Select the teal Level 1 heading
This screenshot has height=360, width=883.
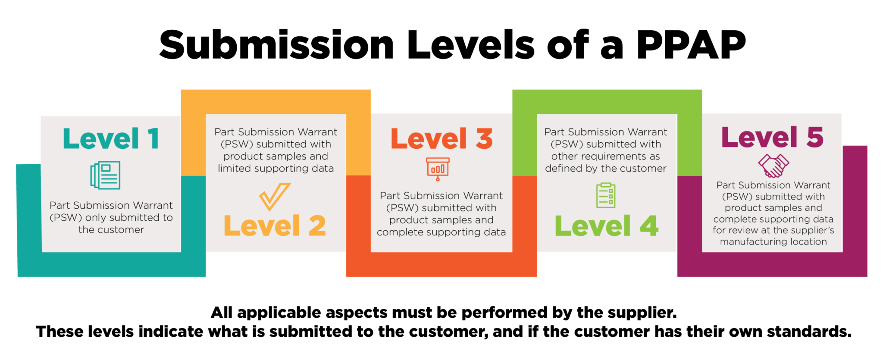click(x=111, y=139)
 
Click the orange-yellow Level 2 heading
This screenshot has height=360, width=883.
click(x=275, y=225)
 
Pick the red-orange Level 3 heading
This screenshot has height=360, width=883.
click(x=441, y=139)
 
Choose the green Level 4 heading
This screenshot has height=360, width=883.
click(x=606, y=225)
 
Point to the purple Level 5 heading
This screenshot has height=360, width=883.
click(x=773, y=137)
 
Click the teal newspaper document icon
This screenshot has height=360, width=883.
click(x=105, y=175)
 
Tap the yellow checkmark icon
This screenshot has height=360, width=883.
click(x=275, y=197)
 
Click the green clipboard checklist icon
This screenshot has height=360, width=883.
click(x=606, y=195)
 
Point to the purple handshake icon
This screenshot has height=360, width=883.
click(x=773, y=166)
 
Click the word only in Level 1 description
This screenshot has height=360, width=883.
click(x=96, y=218)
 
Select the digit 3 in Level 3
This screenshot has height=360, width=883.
click(x=484, y=139)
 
